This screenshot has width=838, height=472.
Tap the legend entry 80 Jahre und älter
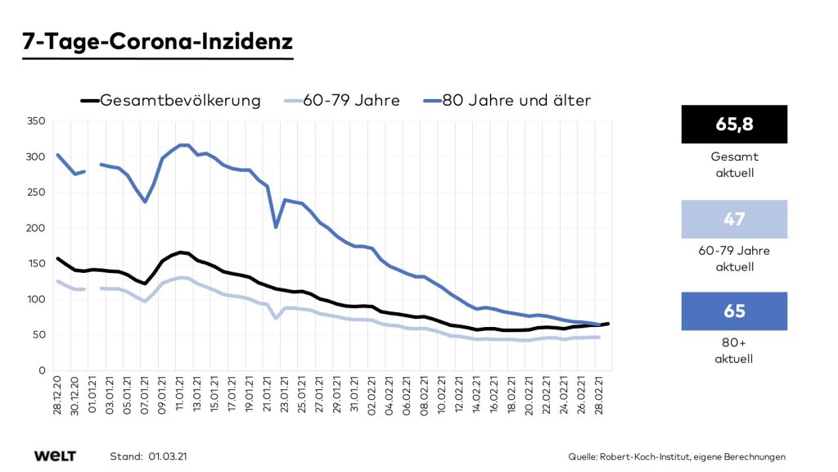pos(516,101)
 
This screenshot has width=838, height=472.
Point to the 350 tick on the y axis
pos(34,120)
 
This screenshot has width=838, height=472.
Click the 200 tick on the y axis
pos(34,228)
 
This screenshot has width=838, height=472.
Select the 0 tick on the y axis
pos(41,370)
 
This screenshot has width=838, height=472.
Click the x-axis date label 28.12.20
pos(58,397)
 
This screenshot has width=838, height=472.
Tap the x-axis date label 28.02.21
pos(600,397)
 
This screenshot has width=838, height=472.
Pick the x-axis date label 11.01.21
pos(181,397)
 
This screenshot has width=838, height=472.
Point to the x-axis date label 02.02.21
pos(373,397)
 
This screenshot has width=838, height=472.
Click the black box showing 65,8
pos(733,124)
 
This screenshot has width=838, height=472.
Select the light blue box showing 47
pos(733,219)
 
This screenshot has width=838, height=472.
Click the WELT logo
pos(55,456)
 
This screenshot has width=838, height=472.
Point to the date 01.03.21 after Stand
pos(173,456)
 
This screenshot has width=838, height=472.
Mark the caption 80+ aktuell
pos(733,352)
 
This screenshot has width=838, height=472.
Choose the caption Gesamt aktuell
pos(733,163)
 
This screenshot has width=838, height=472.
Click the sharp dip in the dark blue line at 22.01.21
pos(276,227)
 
